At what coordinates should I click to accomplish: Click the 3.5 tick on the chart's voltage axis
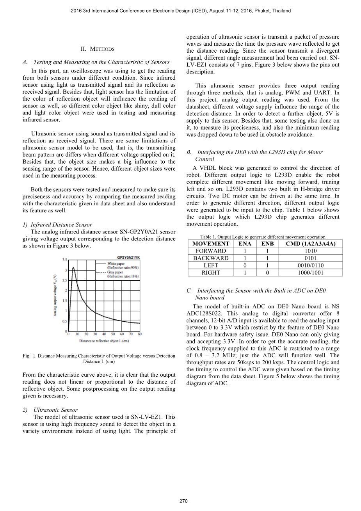tap(64, 260)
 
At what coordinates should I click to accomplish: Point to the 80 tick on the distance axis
tap(140, 334)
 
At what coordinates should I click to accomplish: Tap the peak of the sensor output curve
tap(73, 268)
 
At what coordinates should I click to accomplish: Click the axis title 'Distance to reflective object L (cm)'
tap(104, 341)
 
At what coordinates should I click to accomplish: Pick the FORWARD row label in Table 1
tap(211, 251)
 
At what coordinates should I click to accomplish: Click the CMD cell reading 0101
tap(311, 258)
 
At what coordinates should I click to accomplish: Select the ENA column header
tap(245, 244)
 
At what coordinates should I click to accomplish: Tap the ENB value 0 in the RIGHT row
tap(267, 273)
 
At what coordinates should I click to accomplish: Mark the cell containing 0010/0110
tap(311, 265)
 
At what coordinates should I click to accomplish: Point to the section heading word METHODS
tap(102, 49)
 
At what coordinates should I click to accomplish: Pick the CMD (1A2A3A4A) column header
tap(311, 244)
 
